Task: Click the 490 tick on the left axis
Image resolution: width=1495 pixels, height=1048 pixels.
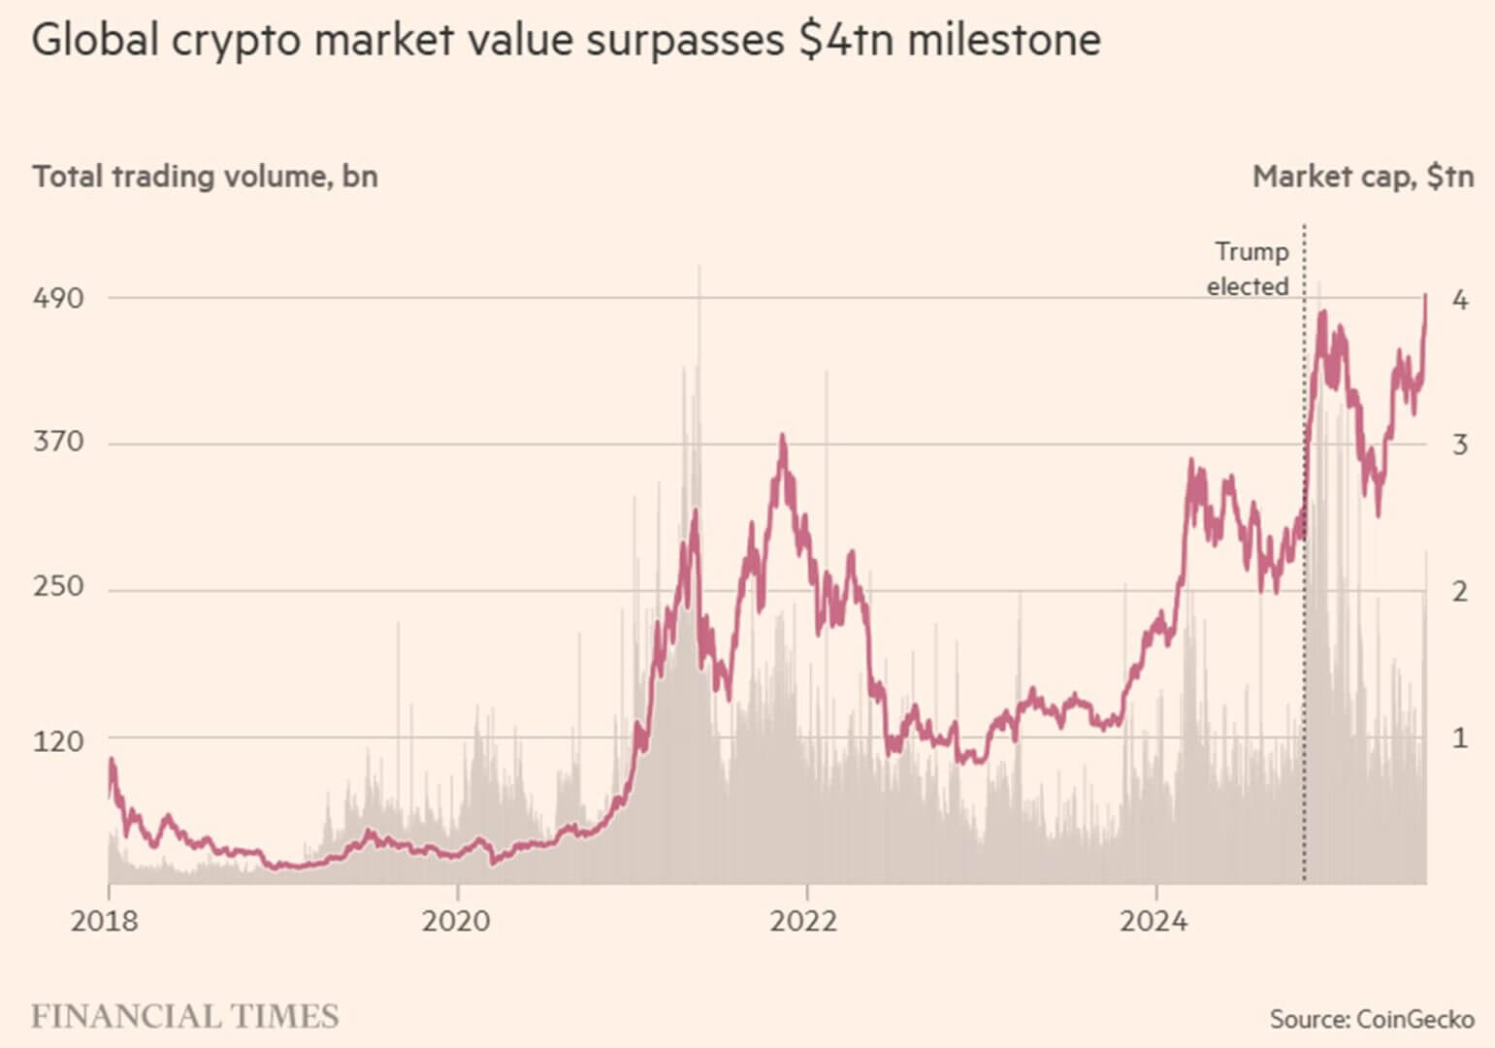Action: [58, 298]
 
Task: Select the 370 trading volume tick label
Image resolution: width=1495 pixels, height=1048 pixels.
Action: [58, 442]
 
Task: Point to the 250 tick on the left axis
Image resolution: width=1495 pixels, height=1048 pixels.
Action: [58, 588]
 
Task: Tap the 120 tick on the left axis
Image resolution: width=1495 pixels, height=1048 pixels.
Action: [58, 741]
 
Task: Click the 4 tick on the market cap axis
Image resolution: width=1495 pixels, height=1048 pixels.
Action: [1459, 300]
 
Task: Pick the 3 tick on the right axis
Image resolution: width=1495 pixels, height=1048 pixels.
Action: [1459, 445]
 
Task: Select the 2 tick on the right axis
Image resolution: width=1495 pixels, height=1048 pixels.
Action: [1459, 591]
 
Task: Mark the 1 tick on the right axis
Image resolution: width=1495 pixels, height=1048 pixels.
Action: [1459, 738]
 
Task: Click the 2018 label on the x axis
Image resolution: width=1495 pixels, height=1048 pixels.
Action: [105, 920]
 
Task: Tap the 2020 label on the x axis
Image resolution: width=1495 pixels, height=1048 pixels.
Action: [456, 920]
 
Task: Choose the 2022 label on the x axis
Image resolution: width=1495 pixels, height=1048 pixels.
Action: [804, 920]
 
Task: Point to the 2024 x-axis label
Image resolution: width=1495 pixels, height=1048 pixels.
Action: [1154, 920]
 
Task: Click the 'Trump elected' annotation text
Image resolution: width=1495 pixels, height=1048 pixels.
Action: [1249, 269]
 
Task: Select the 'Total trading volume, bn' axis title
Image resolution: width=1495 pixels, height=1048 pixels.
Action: [205, 177]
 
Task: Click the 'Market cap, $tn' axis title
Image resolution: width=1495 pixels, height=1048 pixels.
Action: [1363, 177]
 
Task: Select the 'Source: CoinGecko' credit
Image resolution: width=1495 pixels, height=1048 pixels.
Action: [1372, 1019]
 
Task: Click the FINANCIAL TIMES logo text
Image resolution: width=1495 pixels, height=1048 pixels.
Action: [185, 1016]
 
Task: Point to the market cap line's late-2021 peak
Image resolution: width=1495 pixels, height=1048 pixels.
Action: [782, 440]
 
